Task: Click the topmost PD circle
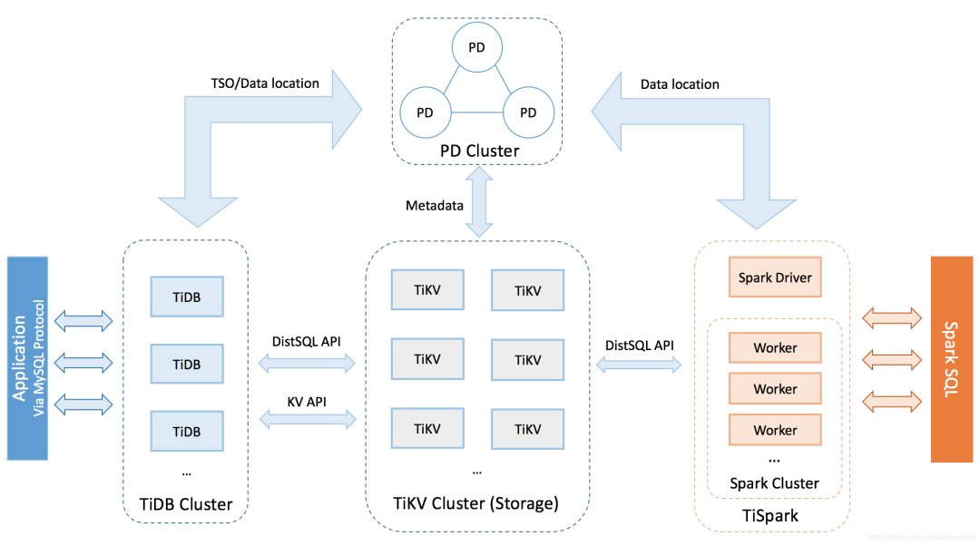pyautogui.click(x=476, y=46)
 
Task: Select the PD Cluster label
pyautogui.click(x=480, y=151)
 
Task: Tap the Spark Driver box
pyautogui.click(x=775, y=278)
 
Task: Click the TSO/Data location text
pyautogui.click(x=265, y=83)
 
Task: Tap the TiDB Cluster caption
pyautogui.click(x=185, y=504)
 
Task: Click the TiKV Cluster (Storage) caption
pyautogui.click(x=476, y=502)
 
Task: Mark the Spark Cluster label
pyautogui.click(x=774, y=483)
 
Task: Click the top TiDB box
pyautogui.click(x=186, y=297)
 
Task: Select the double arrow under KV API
pyautogui.click(x=308, y=419)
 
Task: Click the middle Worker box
pyautogui.click(x=775, y=388)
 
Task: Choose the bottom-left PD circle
pyautogui.click(x=424, y=112)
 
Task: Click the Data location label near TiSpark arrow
pyautogui.click(x=680, y=84)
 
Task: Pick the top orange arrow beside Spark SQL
pyautogui.click(x=887, y=317)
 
